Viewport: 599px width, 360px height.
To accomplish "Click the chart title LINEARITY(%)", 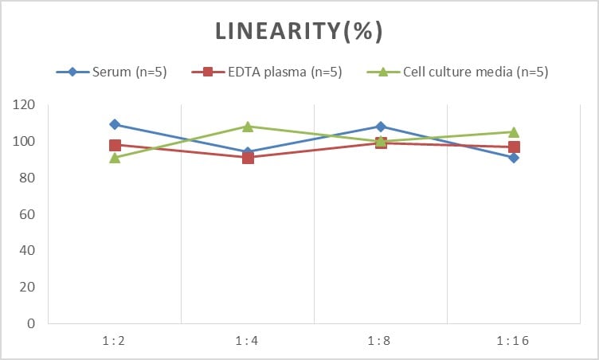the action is click(299, 31).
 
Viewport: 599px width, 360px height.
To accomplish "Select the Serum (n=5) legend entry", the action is click(112, 72).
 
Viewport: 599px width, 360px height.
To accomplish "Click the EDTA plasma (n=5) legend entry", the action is click(267, 72).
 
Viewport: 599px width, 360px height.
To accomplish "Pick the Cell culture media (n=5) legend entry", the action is click(457, 72).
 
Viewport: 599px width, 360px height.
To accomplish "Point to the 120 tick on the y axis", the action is click(23, 104).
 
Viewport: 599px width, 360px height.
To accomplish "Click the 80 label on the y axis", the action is click(27, 178).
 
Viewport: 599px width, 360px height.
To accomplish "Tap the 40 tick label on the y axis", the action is click(27, 250).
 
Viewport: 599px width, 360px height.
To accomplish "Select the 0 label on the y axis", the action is click(31, 323).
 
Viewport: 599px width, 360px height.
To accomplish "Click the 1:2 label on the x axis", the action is click(114, 340).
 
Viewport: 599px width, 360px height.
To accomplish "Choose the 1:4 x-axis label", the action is click(247, 340).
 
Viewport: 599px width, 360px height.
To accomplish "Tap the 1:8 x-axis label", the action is click(379, 340).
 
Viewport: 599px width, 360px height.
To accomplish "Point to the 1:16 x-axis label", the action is click(513, 340).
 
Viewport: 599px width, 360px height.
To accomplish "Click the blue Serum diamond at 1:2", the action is click(115, 124).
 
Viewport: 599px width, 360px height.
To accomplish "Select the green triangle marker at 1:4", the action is click(248, 126).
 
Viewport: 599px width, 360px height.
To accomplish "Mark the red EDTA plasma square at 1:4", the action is click(248, 158).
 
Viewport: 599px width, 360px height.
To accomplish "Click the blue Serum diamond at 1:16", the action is click(514, 158).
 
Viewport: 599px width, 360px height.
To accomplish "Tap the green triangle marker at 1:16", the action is click(514, 132).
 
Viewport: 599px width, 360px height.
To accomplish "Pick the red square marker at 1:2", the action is click(115, 145).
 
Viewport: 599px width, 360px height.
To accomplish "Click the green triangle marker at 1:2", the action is click(115, 158).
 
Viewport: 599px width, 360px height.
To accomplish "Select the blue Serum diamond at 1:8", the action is click(381, 127).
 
